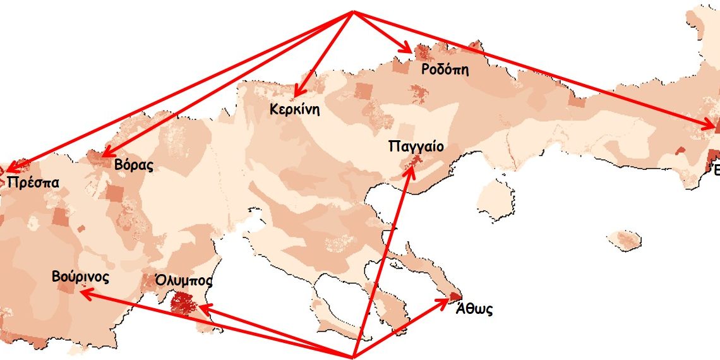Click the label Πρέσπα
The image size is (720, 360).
tap(34, 183)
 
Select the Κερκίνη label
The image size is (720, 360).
tap(294, 109)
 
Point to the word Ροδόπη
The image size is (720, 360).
tap(445, 69)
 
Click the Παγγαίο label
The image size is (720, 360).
tap(416, 147)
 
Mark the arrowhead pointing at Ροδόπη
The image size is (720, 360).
tap(409, 50)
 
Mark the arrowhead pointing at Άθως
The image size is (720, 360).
tap(447, 301)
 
